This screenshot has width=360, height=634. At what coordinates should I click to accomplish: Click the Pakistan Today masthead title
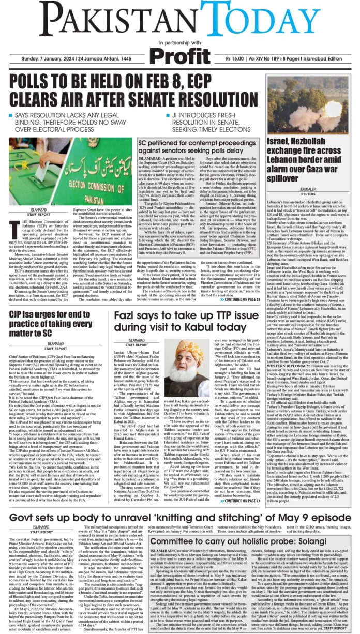coord(179,19)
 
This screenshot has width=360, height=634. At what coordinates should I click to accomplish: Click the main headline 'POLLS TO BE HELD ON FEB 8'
coord(131,90)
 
